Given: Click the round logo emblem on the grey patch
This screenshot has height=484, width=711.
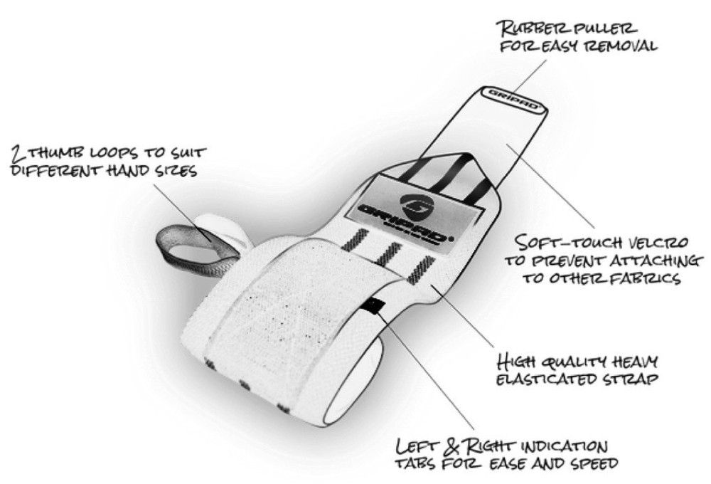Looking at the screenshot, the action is click(x=415, y=203).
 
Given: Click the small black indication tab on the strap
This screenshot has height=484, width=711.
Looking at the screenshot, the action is click(x=376, y=307).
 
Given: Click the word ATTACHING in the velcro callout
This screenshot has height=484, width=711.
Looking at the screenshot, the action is click(x=657, y=261).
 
